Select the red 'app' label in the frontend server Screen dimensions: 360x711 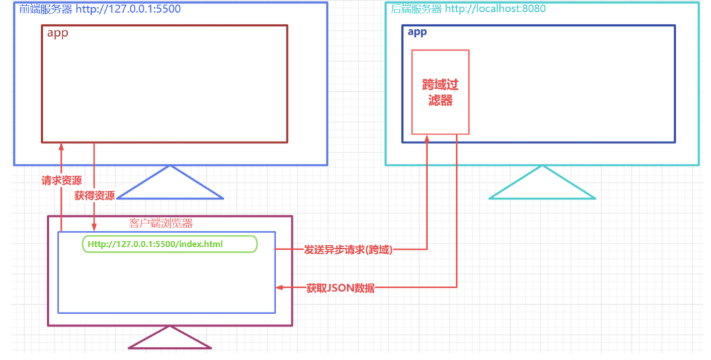[x=57, y=33]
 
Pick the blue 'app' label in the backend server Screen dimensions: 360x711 [x=417, y=32]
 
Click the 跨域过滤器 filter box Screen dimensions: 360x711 [x=440, y=92]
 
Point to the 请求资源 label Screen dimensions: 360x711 [x=62, y=180]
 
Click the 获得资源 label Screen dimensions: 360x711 [x=94, y=195]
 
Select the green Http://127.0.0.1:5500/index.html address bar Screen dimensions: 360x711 [x=169, y=244]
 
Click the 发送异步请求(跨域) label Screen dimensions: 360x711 [x=348, y=250]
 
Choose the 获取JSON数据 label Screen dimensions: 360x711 [x=340, y=287]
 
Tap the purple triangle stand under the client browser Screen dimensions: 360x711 [x=170, y=339]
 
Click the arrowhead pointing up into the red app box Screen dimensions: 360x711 [x=61, y=146]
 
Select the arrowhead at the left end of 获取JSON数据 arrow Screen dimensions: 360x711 [x=280, y=287]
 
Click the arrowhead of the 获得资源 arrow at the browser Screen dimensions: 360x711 [x=94, y=228]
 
